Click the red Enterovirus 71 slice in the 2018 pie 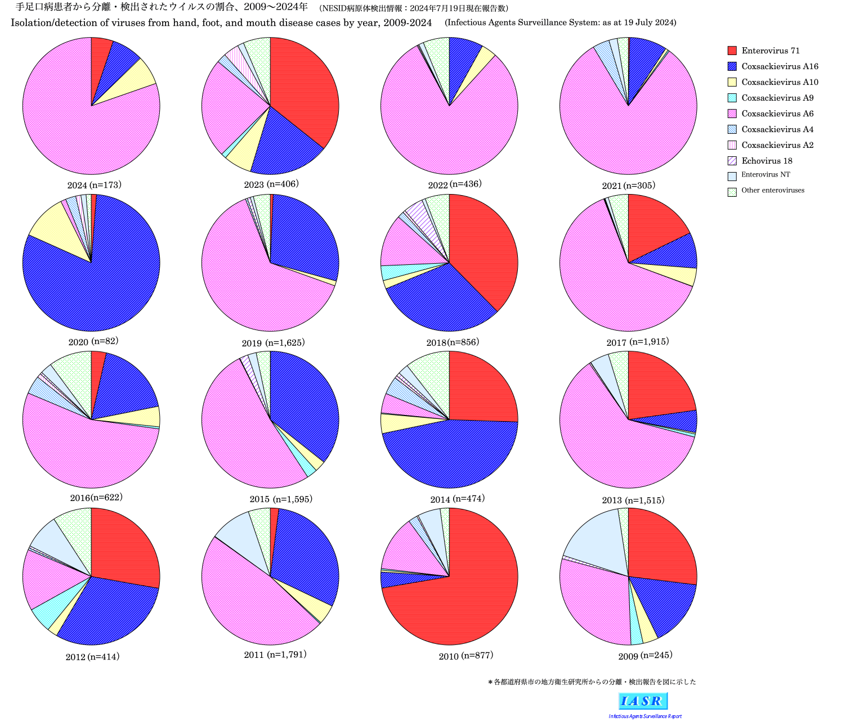(484, 247)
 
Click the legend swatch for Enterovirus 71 (732, 51)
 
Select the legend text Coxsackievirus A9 (777, 98)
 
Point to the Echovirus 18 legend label (767, 161)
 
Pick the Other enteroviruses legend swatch (732, 192)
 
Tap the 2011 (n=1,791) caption (275, 655)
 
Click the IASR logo (643, 701)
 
